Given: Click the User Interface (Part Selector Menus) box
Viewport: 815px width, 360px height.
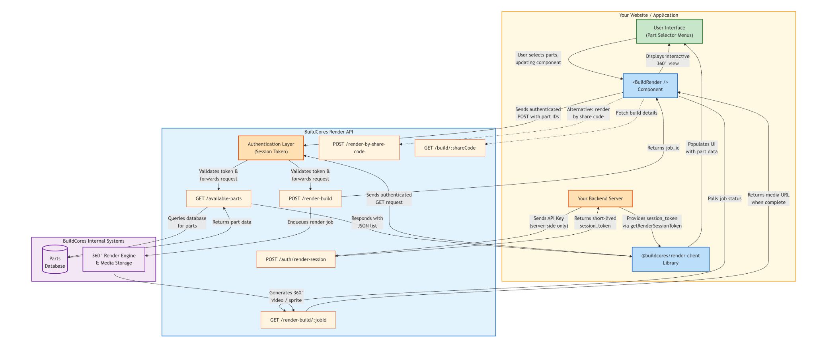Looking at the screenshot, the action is pyautogui.click(x=669, y=31).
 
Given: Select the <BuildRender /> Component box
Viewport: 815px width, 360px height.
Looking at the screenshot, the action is pyautogui.click(x=650, y=86).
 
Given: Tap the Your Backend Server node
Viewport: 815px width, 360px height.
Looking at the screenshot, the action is pyautogui.click(x=601, y=198).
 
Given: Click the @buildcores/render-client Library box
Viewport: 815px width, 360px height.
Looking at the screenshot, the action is pyautogui.click(x=671, y=259).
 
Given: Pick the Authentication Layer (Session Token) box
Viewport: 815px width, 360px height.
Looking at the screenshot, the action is pyautogui.click(x=271, y=148).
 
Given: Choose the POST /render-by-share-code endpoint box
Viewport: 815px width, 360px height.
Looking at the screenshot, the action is pyautogui.click(x=359, y=148).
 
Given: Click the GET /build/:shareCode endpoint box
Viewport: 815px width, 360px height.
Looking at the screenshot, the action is pyautogui.click(x=450, y=148).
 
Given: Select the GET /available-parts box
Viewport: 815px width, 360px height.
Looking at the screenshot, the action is pyautogui.click(x=218, y=198).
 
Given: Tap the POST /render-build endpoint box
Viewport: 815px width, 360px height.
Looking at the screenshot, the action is pyautogui.click(x=310, y=198).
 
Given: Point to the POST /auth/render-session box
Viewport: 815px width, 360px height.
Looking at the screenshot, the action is pyautogui.click(x=296, y=259).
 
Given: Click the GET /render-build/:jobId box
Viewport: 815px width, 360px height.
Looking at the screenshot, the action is pyautogui.click(x=298, y=320).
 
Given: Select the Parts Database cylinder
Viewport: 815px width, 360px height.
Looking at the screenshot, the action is pyautogui.click(x=55, y=259).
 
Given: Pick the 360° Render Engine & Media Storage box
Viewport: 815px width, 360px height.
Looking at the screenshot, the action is pyautogui.click(x=114, y=259).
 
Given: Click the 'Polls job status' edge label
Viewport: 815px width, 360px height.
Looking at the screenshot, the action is pyautogui.click(x=725, y=198).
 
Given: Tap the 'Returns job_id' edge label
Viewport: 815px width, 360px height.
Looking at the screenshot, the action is pyautogui.click(x=663, y=148).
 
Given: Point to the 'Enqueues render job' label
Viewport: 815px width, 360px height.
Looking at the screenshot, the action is pyautogui.click(x=310, y=222).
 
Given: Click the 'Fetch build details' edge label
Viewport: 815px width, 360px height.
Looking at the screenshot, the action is pyautogui.click(x=637, y=113).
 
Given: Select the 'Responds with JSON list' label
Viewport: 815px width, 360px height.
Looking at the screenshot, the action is pyautogui.click(x=367, y=222).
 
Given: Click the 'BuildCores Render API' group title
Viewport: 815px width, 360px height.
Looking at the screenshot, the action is pyautogui.click(x=329, y=132).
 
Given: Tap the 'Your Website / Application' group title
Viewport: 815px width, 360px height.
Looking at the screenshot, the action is pyautogui.click(x=649, y=15).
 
